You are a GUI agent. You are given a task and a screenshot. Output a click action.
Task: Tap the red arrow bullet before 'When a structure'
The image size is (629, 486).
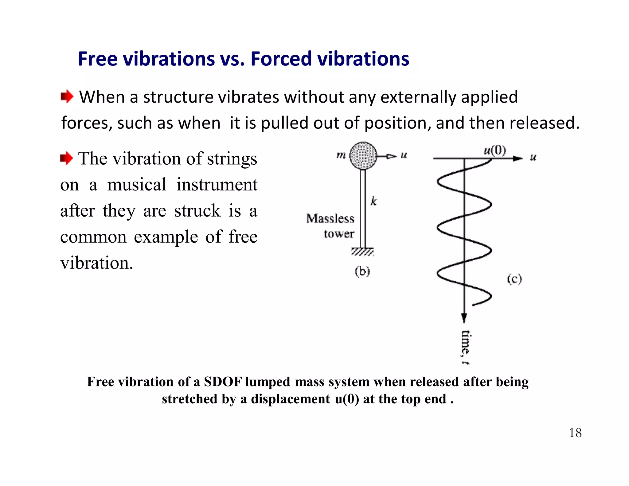(67, 97)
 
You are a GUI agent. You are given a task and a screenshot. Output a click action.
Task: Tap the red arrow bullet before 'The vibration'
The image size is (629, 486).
(66, 159)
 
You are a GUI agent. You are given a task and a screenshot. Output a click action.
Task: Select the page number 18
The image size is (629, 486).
(575, 433)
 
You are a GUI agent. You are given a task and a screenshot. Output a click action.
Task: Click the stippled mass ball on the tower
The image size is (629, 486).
(363, 155)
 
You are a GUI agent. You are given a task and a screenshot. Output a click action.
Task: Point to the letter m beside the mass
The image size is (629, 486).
(341, 155)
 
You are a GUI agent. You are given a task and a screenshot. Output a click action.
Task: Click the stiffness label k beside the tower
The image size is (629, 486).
(373, 201)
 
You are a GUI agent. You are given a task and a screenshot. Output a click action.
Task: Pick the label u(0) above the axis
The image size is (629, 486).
(494, 151)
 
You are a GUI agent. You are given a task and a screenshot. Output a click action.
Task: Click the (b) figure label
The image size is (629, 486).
(362, 272)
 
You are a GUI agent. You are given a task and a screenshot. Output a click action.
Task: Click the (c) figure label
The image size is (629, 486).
(514, 279)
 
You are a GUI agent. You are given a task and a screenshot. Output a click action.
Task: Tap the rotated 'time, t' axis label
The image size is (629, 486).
(465, 347)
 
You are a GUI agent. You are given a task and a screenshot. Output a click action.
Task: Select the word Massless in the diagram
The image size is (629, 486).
(330, 218)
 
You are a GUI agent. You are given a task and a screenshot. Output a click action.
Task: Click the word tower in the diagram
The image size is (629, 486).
(339, 234)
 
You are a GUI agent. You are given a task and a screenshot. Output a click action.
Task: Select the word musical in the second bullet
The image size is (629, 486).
(137, 185)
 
